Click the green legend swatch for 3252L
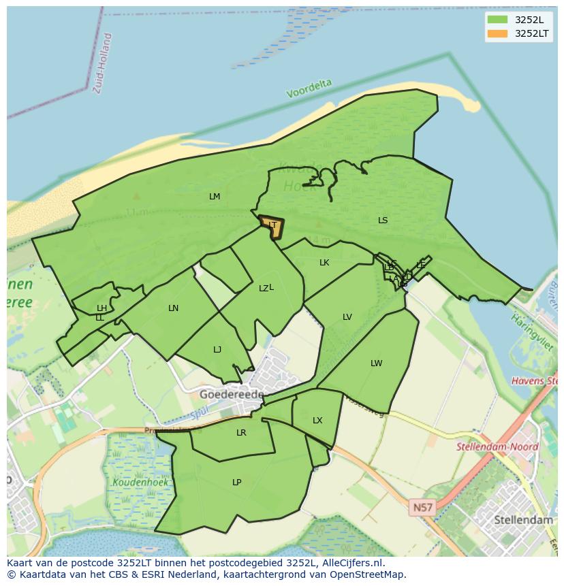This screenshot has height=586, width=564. pyautogui.click(x=498, y=19)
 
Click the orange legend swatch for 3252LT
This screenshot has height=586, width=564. pyautogui.click(x=498, y=33)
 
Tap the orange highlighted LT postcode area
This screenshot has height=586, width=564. pyautogui.click(x=272, y=227)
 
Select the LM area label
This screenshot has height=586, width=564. pyautogui.click(x=215, y=197)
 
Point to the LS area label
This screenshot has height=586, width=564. pyautogui.click(x=383, y=221)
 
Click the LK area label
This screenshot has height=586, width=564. pyautogui.click(x=324, y=263)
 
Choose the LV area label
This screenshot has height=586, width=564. pyautogui.click(x=347, y=317)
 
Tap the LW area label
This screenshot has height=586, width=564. pyautogui.click(x=377, y=363)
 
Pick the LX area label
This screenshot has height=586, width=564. pyautogui.click(x=317, y=421)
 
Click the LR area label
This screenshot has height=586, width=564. pyautogui.click(x=241, y=433)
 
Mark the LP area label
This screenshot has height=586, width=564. pyautogui.click(x=237, y=483)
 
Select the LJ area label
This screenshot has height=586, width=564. pyautogui.click(x=217, y=350)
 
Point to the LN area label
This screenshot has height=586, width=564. pyautogui.click(x=174, y=308)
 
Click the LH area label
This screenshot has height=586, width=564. pyautogui.click(x=101, y=308)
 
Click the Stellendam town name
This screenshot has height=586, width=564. pyautogui.click(x=523, y=520)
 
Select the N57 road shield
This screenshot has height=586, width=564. pyautogui.click(x=422, y=508)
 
